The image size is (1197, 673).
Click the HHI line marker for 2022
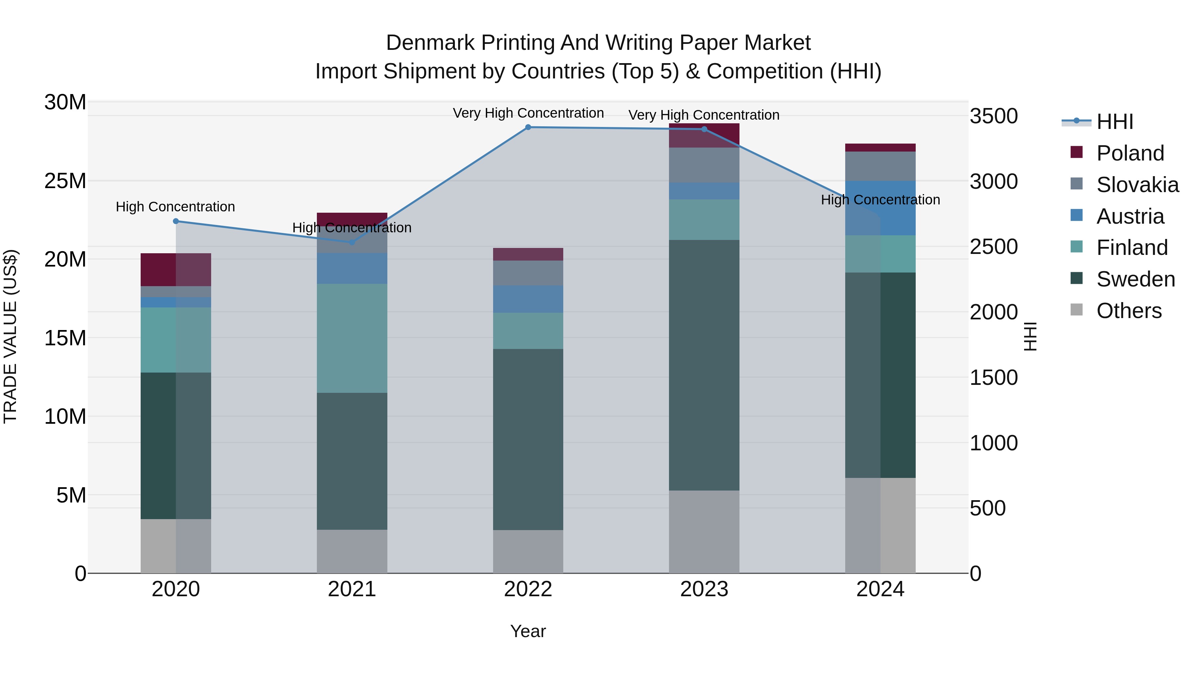[528, 127]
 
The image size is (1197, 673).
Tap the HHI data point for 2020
[176, 221]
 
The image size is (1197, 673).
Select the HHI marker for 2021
[352, 242]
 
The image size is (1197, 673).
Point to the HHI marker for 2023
[704, 129]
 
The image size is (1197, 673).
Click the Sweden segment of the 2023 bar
[704, 365]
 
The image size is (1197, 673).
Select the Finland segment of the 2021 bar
[352, 338]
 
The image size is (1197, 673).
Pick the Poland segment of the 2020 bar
[176, 270]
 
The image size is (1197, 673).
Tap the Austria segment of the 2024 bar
[880, 208]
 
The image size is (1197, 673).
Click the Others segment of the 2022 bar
[528, 551]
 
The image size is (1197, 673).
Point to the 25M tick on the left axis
[65, 181]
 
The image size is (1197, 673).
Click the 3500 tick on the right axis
[994, 116]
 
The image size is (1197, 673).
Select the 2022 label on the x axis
[528, 589]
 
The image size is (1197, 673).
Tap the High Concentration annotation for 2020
[175, 207]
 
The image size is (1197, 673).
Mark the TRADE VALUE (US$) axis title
[10, 336]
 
